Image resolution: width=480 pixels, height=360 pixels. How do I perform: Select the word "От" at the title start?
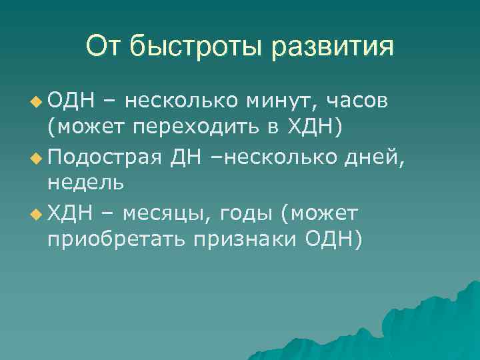coord(101,47)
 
